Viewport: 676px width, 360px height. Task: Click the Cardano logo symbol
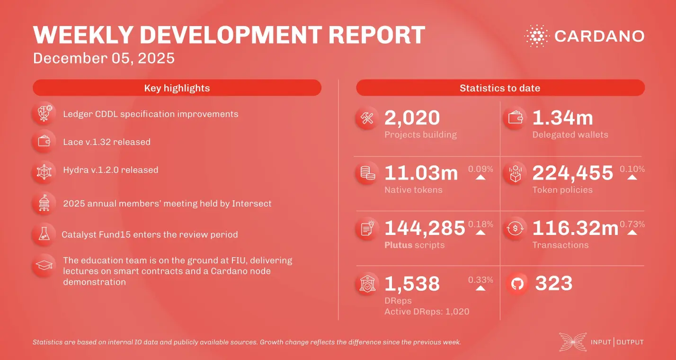(x=536, y=36)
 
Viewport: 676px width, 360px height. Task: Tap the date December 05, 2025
(x=104, y=58)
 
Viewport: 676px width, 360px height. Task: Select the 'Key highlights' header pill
(x=177, y=88)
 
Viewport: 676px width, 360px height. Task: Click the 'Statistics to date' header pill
(x=500, y=88)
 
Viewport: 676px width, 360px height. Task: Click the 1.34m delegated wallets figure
(x=562, y=118)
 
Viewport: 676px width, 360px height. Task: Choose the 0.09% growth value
(x=480, y=169)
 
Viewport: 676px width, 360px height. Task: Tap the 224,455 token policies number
(x=573, y=173)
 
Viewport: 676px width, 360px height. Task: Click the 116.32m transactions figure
(x=575, y=228)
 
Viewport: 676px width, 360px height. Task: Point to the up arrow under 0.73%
(x=632, y=233)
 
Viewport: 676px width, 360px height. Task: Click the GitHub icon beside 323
(x=517, y=284)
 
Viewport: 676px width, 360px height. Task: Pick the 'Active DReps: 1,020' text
(x=427, y=311)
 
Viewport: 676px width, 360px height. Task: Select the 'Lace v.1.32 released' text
(x=107, y=142)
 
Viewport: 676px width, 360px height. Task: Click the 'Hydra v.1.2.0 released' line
(x=110, y=170)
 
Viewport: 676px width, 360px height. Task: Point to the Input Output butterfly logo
(x=573, y=342)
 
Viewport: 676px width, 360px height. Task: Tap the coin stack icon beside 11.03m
(x=367, y=173)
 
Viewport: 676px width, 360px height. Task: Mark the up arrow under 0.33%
(x=480, y=288)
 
